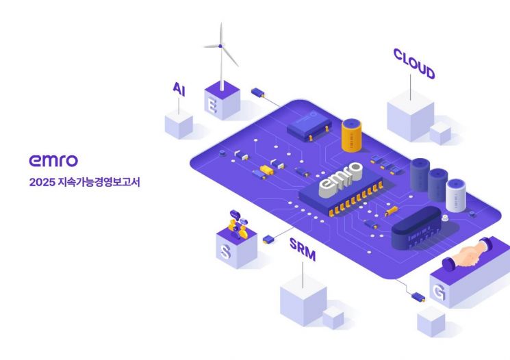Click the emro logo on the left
pos(53,160)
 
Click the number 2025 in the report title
pos(42,183)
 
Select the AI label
pos(179,88)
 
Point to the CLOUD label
pos(413,63)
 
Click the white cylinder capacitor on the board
pos(456,195)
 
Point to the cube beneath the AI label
pos(179,125)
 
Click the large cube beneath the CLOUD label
pos(410,118)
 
